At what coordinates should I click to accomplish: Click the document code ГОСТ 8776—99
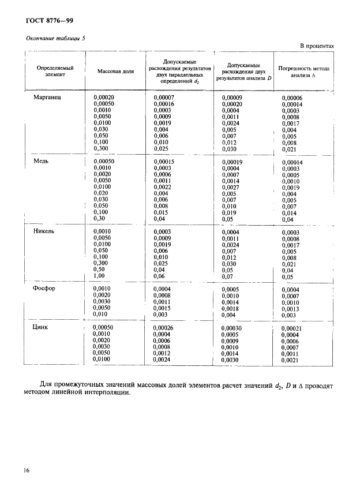coord(49,21)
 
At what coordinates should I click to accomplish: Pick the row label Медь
coord(40,162)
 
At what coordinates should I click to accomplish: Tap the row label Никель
coord(44,231)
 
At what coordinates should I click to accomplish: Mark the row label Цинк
coord(42,327)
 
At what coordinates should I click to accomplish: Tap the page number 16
coord(27,471)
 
